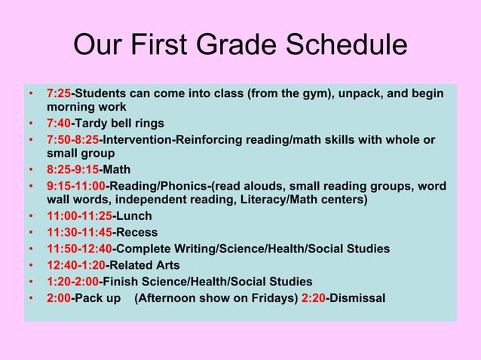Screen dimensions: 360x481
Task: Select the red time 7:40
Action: click(59, 123)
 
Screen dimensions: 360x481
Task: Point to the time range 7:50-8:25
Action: click(72, 140)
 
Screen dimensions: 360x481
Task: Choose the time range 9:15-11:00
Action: click(76, 186)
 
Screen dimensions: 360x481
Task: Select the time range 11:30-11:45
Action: click(79, 232)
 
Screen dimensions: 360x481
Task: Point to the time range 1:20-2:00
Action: click(72, 281)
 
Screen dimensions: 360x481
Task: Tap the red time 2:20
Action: click(313, 297)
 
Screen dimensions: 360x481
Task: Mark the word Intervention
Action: click(139, 140)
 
